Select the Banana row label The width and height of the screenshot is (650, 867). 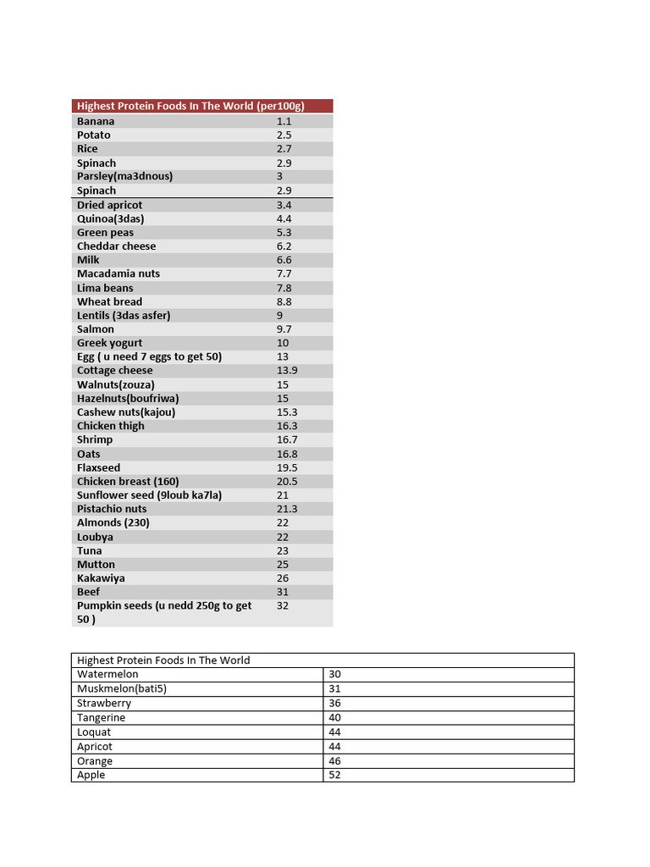[x=96, y=121]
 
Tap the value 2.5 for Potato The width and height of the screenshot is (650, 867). [x=284, y=135]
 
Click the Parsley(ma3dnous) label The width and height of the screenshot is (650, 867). [x=124, y=176]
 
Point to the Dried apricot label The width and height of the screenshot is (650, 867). [x=109, y=205]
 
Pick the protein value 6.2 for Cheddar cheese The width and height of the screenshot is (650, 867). [x=284, y=246]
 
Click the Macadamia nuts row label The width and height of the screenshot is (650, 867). [x=118, y=273]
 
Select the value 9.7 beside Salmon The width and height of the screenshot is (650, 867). [x=284, y=329]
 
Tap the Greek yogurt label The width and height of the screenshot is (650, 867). [x=109, y=343]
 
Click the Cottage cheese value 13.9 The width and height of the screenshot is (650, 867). [x=287, y=371]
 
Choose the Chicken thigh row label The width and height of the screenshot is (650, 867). [x=110, y=426]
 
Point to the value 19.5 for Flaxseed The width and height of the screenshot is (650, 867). [x=287, y=467]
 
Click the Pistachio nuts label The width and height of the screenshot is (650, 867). [x=112, y=509]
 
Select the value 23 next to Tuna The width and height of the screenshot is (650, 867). [x=283, y=550]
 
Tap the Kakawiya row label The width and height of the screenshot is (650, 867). [x=101, y=578]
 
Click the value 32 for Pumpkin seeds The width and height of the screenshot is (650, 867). [x=283, y=606]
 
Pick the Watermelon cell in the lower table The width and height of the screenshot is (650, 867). [x=107, y=674]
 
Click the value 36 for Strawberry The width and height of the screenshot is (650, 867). [x=334, y=703]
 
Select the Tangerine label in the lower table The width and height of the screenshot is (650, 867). [x=101, y=717]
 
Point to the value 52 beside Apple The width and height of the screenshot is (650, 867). [x=334, y=775]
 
